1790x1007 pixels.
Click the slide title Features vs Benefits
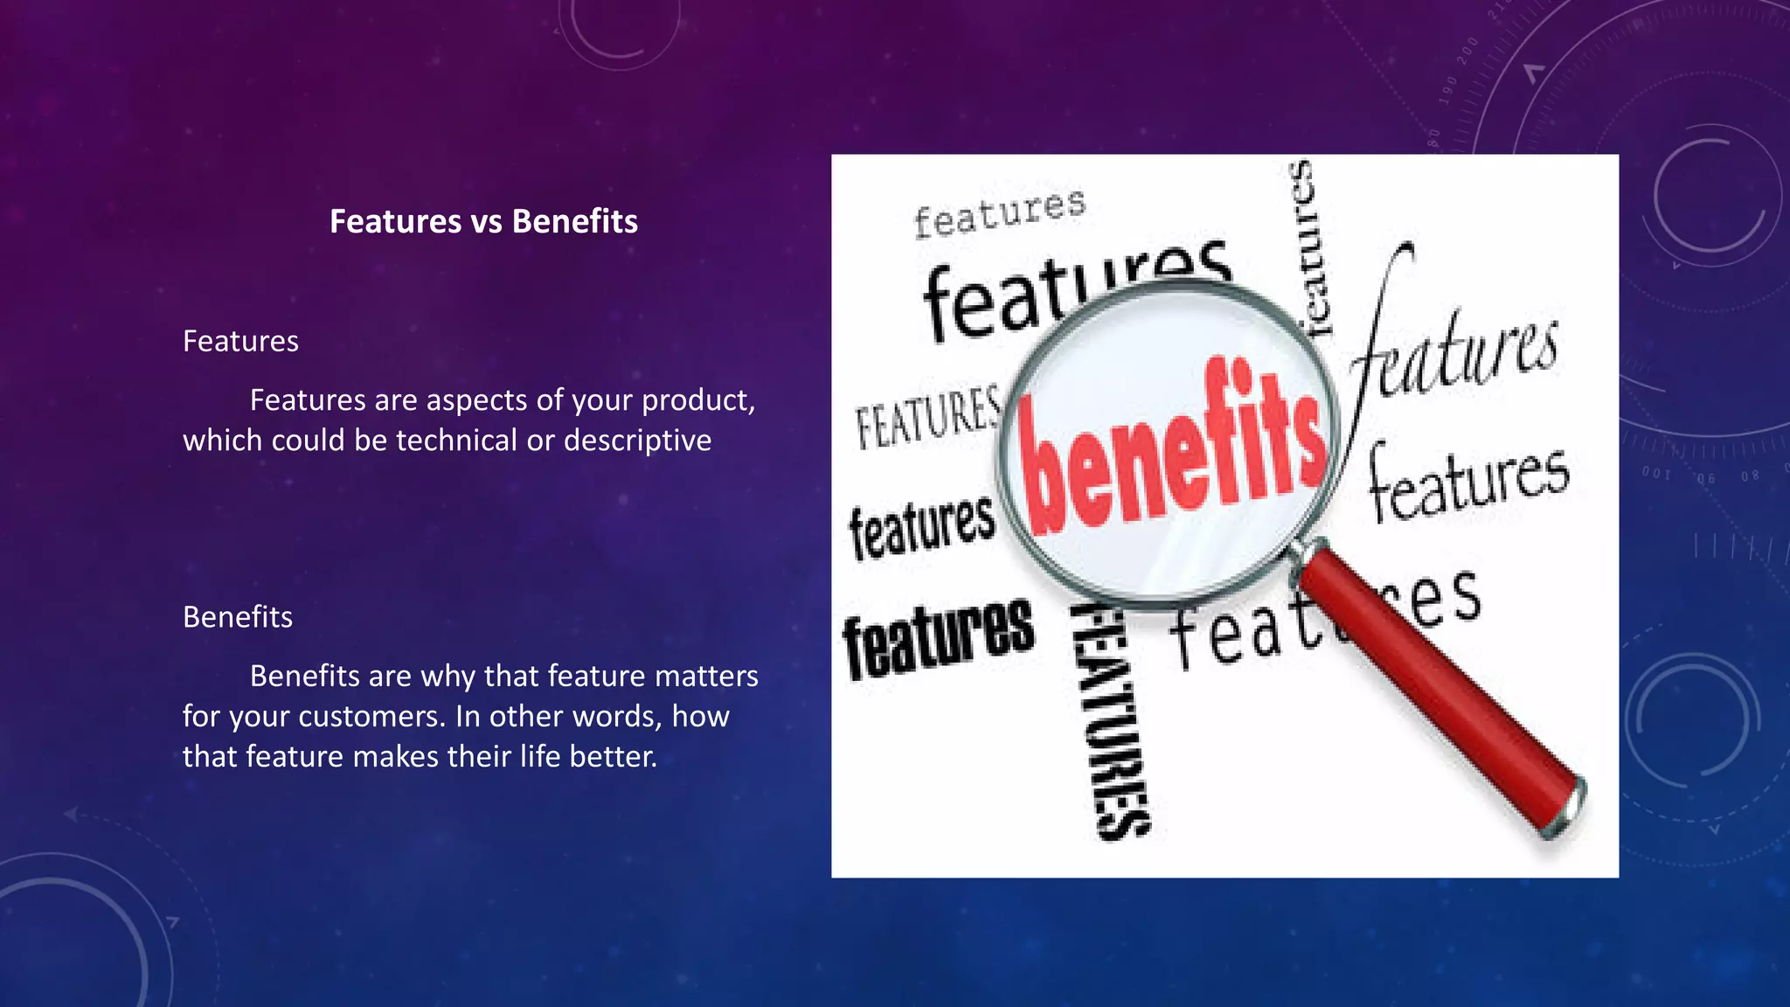tap(483, 221)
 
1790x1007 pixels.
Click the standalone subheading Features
tap(240, 341)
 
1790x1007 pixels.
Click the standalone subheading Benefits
tap(238, 617)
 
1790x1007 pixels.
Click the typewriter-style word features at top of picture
tap(999, 212)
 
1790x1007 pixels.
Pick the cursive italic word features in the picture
tap(1455, 350)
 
